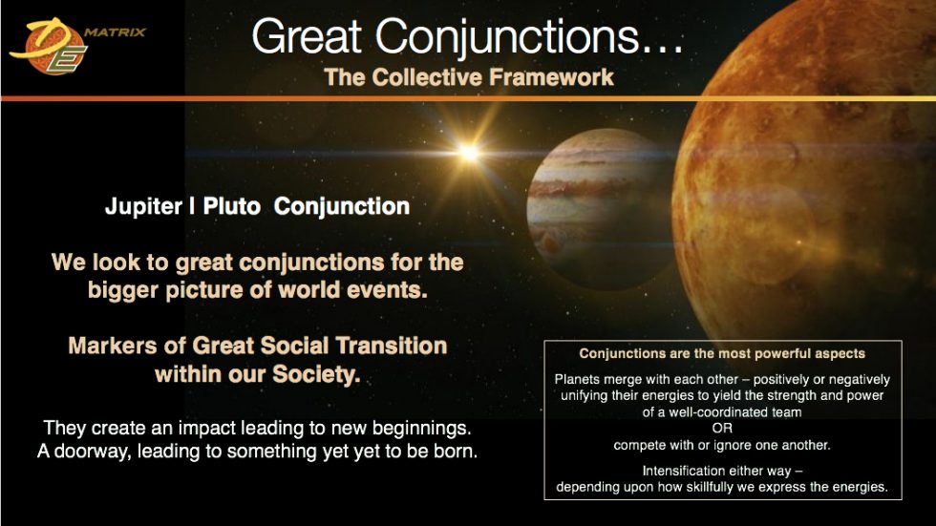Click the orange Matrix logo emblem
coord(48,49)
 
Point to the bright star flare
coord(468,151)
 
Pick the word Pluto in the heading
coord(231,206)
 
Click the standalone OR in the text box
coord(722,428)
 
